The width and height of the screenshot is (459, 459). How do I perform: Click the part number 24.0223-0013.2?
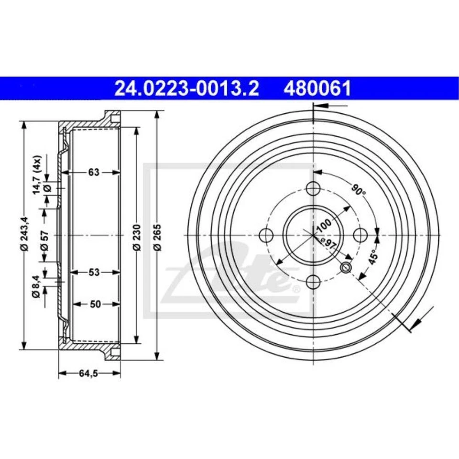[186, 89]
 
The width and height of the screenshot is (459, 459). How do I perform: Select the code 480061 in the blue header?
[317, 89]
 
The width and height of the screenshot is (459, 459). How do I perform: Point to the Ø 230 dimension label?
[136, 236]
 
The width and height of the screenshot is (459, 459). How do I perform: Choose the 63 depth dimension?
[94, 173]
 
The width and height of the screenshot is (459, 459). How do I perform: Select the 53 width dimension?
[94, 273]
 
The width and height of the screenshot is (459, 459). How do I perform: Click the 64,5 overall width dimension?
[89, 374]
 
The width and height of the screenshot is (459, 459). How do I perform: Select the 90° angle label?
[358, 190]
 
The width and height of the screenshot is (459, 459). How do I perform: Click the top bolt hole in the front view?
[313, 187]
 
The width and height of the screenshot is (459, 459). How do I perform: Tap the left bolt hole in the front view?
[265, 235]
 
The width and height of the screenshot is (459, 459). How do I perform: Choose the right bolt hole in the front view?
[361, 235]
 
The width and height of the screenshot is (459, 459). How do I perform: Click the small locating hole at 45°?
[346, 268]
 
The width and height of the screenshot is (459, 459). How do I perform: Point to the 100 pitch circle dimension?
[324, 224]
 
